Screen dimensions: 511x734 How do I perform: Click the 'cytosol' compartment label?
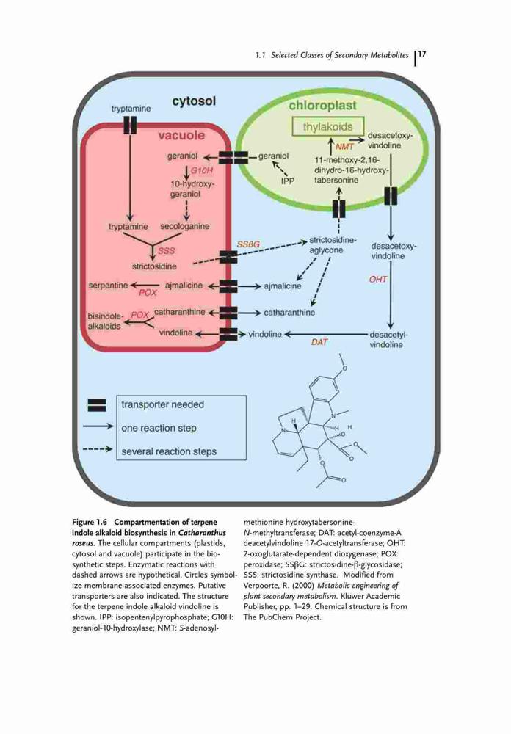[194, 101]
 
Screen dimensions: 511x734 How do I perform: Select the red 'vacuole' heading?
[181, 135]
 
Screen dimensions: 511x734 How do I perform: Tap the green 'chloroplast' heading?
[322, 106]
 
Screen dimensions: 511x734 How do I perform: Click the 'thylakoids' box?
[327, 126]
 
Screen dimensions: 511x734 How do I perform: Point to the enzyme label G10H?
[201, 170]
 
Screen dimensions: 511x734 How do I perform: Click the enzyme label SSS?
[166, 251]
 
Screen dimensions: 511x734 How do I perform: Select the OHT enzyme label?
[377, 280]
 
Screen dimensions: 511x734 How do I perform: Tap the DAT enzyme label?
[319, 342]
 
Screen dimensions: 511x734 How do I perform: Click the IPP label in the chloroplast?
[288, 181]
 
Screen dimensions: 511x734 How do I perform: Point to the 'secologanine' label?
[184, 227]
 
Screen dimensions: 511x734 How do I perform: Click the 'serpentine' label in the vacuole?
[108, 285]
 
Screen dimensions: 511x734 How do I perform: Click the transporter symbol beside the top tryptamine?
[130, 125]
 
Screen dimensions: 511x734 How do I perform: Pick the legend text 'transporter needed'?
[162, 404]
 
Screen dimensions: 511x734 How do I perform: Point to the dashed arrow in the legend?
[98, 449]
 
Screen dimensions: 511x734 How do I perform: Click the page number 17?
[421, 54]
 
